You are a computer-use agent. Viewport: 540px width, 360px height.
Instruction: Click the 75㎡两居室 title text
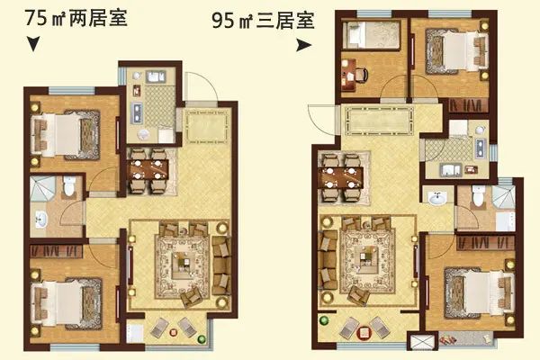point(76,18)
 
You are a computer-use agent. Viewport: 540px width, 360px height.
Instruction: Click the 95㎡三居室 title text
point(263,21)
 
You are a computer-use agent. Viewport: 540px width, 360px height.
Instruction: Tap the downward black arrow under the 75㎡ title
point(33,44)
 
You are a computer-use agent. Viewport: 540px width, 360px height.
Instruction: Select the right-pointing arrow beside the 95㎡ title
point(304,45)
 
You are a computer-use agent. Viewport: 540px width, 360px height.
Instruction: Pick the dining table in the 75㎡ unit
point(148,169)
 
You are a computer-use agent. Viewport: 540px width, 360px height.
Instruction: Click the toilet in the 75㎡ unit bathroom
point(70,186)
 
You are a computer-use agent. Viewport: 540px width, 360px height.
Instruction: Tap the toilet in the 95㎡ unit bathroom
point(479,195)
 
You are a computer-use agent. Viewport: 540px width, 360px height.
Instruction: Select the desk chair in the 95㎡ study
point(361,75)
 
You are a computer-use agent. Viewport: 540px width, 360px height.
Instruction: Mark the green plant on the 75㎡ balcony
point(202,339)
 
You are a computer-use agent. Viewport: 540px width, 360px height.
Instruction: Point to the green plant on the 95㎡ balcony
point(324,320)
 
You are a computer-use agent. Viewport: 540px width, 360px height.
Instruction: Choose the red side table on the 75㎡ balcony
point(173,332)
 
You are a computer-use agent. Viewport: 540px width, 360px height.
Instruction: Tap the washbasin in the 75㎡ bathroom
point(40,220)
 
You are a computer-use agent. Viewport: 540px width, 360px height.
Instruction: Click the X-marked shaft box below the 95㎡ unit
point(422,341)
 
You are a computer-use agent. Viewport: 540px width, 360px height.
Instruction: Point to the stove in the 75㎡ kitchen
point(137,112)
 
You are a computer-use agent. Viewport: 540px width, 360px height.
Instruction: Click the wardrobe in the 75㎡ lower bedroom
point(56,251)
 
